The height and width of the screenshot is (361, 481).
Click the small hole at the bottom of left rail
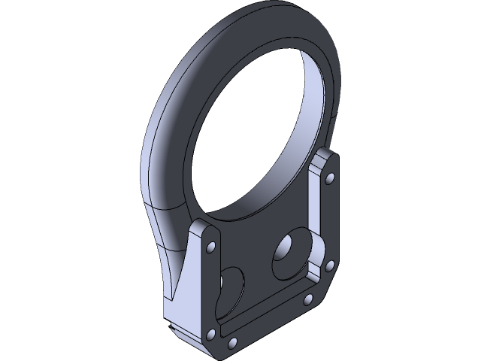pyautogui.click(x=211, y=333)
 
